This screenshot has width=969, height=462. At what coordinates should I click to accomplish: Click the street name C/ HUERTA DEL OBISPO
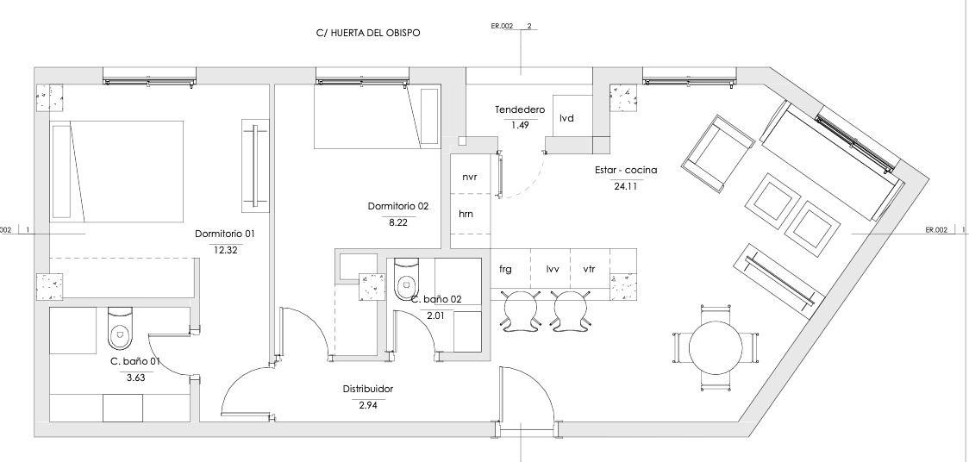(x=368, y=34)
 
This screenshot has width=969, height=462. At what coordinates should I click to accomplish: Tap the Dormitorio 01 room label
(x=224, y=234)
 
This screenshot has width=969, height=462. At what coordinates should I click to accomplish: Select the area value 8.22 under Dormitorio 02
(x=398, y=223)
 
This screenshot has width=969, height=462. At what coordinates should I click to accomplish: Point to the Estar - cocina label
(x=626, y=170)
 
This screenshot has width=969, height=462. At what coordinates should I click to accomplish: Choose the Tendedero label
(x=520, y=110)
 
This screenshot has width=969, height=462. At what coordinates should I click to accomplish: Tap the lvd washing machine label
(x=566, y=117)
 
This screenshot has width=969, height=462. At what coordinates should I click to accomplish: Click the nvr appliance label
(x=470, y=177)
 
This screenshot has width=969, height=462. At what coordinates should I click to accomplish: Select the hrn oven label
(x=466, y=215)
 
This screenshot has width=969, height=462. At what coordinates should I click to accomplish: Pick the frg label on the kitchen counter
(x=505, y=269)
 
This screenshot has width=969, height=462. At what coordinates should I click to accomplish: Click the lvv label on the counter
(x=553, y=269)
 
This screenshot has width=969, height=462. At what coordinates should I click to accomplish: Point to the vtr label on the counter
(x=590, y=269)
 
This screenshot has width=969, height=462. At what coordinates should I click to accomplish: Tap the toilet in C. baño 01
(x=120, y=328)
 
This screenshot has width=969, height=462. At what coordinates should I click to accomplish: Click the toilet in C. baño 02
(x=406, y=278)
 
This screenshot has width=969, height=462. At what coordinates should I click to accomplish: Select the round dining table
(x=716, y=347)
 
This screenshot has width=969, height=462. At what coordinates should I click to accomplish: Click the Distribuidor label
(x=368, y=389)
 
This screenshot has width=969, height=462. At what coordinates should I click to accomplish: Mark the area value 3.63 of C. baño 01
(x=135, y=378)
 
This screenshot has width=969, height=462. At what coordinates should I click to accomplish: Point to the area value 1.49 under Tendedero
(x=521, y=125)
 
